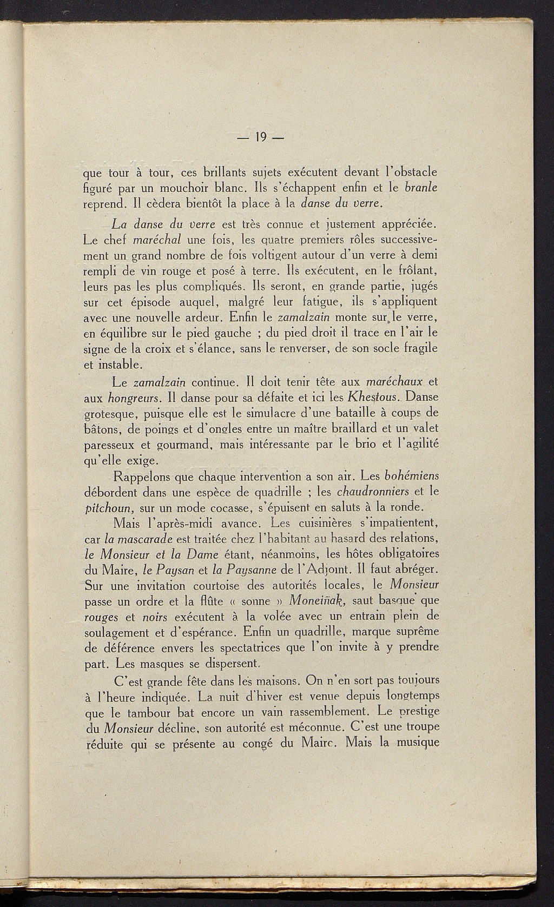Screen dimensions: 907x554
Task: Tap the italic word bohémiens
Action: [x=411, y=476]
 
